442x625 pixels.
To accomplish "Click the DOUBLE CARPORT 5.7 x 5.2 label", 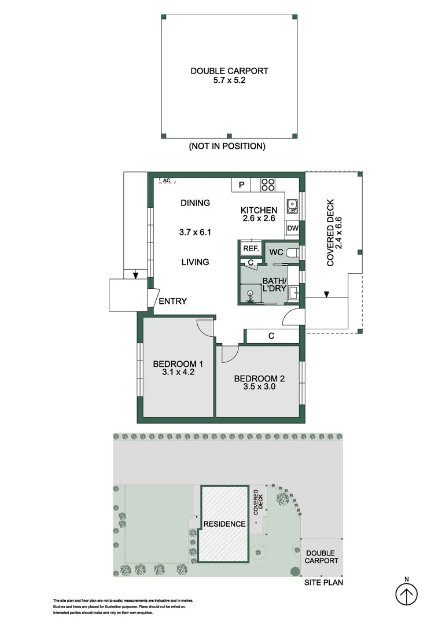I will click(229, 76).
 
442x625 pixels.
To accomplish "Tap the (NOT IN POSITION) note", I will click(227, 146).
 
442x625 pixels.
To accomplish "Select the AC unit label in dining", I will click(167, 181).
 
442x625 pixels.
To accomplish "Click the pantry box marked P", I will click(242, 185).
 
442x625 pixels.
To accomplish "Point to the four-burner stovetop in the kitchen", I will click(268, 185).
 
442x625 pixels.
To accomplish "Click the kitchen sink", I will click(293, 204).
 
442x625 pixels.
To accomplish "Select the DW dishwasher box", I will click(292, 229).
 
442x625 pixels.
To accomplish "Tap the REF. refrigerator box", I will click(250, 248).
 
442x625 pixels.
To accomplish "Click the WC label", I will click(277, 252).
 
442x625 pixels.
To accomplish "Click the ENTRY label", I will click(172, 301).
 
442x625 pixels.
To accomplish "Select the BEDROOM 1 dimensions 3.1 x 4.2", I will click(178, 373).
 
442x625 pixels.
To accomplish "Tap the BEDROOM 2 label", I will click(259, 379).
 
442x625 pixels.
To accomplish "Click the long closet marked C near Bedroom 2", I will click(271, 336).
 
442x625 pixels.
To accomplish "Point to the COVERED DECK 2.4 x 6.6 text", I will click(335, 241).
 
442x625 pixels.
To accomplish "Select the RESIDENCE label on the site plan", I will click(224, 524).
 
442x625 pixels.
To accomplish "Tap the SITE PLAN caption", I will click(323, 583).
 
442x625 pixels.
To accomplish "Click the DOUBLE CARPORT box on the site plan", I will click(321, 557).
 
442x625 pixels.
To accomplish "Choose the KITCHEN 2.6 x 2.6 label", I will click(259, 214).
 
